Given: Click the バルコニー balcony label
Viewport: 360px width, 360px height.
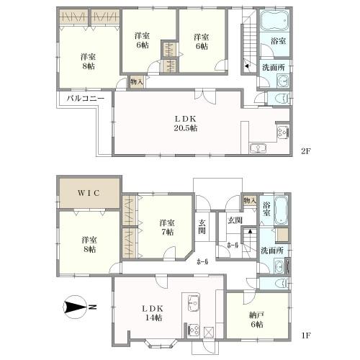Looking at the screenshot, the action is click(x=86, y=99).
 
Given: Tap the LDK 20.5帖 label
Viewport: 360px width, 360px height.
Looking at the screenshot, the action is click(x=186, y=124).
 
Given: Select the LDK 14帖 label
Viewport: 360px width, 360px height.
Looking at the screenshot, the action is click(x=153, y=313).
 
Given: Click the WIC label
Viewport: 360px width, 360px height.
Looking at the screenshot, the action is click(x=89, y=193).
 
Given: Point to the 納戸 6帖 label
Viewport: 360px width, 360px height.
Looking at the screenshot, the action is click(x=256, y=320).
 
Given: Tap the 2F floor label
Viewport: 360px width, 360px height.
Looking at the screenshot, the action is click(x=306, y=151).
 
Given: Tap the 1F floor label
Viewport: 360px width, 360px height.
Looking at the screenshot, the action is click(x=306, y=336).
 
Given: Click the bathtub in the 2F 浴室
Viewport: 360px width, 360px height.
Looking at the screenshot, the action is click(x=274, y=20).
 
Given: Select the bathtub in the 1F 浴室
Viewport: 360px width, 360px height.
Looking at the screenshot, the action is click(x=281, y=210).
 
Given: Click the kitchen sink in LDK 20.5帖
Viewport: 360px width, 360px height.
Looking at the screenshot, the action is click(x=258, y=148).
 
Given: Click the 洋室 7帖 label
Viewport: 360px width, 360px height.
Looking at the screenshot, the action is click(x=166, y=228).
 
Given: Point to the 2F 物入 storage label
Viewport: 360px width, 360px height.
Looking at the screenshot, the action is click(x=137, y=82).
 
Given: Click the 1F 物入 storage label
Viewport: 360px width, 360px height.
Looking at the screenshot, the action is click(x=250, y=201).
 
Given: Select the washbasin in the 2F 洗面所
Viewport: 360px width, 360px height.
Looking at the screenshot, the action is click(x=283, y=81).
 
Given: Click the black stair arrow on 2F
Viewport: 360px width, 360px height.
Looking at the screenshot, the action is click(x=246, y=66).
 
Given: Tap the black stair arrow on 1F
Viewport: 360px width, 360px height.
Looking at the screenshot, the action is click(x=250, y=231).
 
